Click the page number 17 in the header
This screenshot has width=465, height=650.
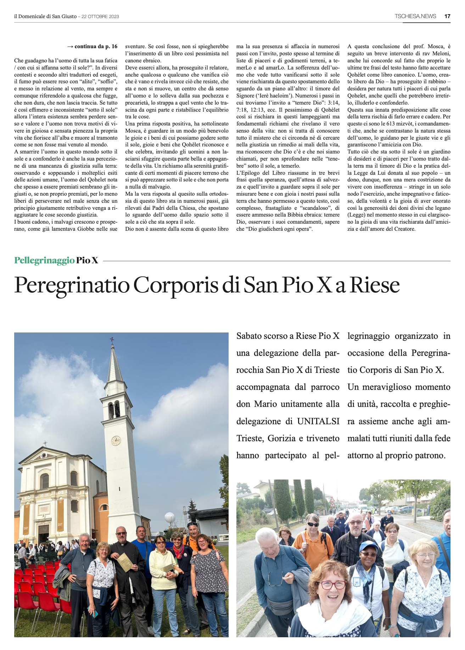point(447,16)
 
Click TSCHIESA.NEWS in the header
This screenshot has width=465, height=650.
point(415,16)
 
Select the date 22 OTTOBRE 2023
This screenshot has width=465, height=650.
point(100,16)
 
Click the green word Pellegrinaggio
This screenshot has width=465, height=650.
point(44,260)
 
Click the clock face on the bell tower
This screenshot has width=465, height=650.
point(116,441)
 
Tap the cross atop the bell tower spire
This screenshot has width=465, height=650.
point(112,341)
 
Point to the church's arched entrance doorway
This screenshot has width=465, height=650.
point(44,533)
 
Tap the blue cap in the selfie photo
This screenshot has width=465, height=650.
point(369,546)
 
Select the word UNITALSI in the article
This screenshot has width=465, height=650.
point(318,421)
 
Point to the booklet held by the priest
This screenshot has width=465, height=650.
point(124,562)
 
